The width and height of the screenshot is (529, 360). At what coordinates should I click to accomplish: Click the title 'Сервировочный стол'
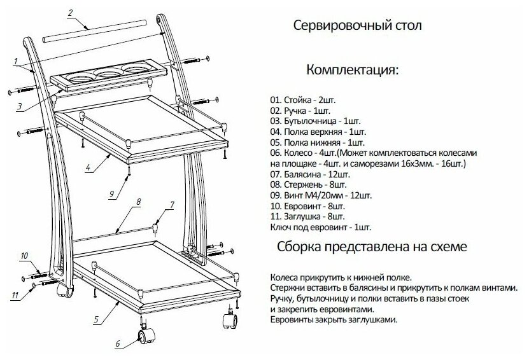coord(357,27)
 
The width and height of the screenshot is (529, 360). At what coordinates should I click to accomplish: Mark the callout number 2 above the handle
coord(70,12)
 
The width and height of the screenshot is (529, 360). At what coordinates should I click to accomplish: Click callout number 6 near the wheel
coord(117,344)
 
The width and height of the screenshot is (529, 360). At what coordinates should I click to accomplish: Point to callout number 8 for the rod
coord(138,202)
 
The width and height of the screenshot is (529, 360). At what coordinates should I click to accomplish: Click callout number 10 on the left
coord(24,256)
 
